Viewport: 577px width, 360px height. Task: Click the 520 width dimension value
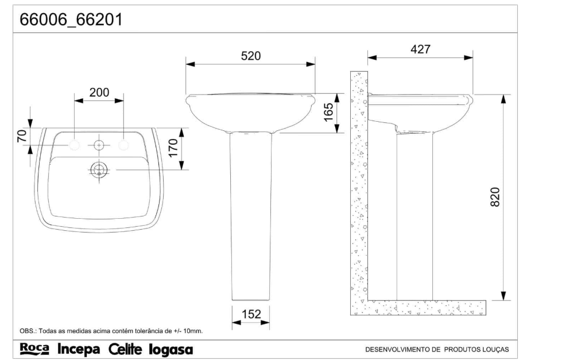coord(251,56)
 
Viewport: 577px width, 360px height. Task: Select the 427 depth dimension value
coord(420,49)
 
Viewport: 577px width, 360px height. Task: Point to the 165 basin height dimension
coord(328,113)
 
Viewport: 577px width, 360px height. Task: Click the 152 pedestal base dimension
coord(251,314)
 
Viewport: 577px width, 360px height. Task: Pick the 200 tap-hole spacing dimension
coord(99,92)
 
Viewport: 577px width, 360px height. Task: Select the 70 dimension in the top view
coord(22,136)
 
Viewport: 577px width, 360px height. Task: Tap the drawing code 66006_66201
coord(71,20)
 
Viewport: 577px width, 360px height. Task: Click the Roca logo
coord(34,349)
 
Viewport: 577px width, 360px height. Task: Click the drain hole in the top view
coord(99,169)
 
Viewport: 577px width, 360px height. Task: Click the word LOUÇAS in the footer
coord(495,349)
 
